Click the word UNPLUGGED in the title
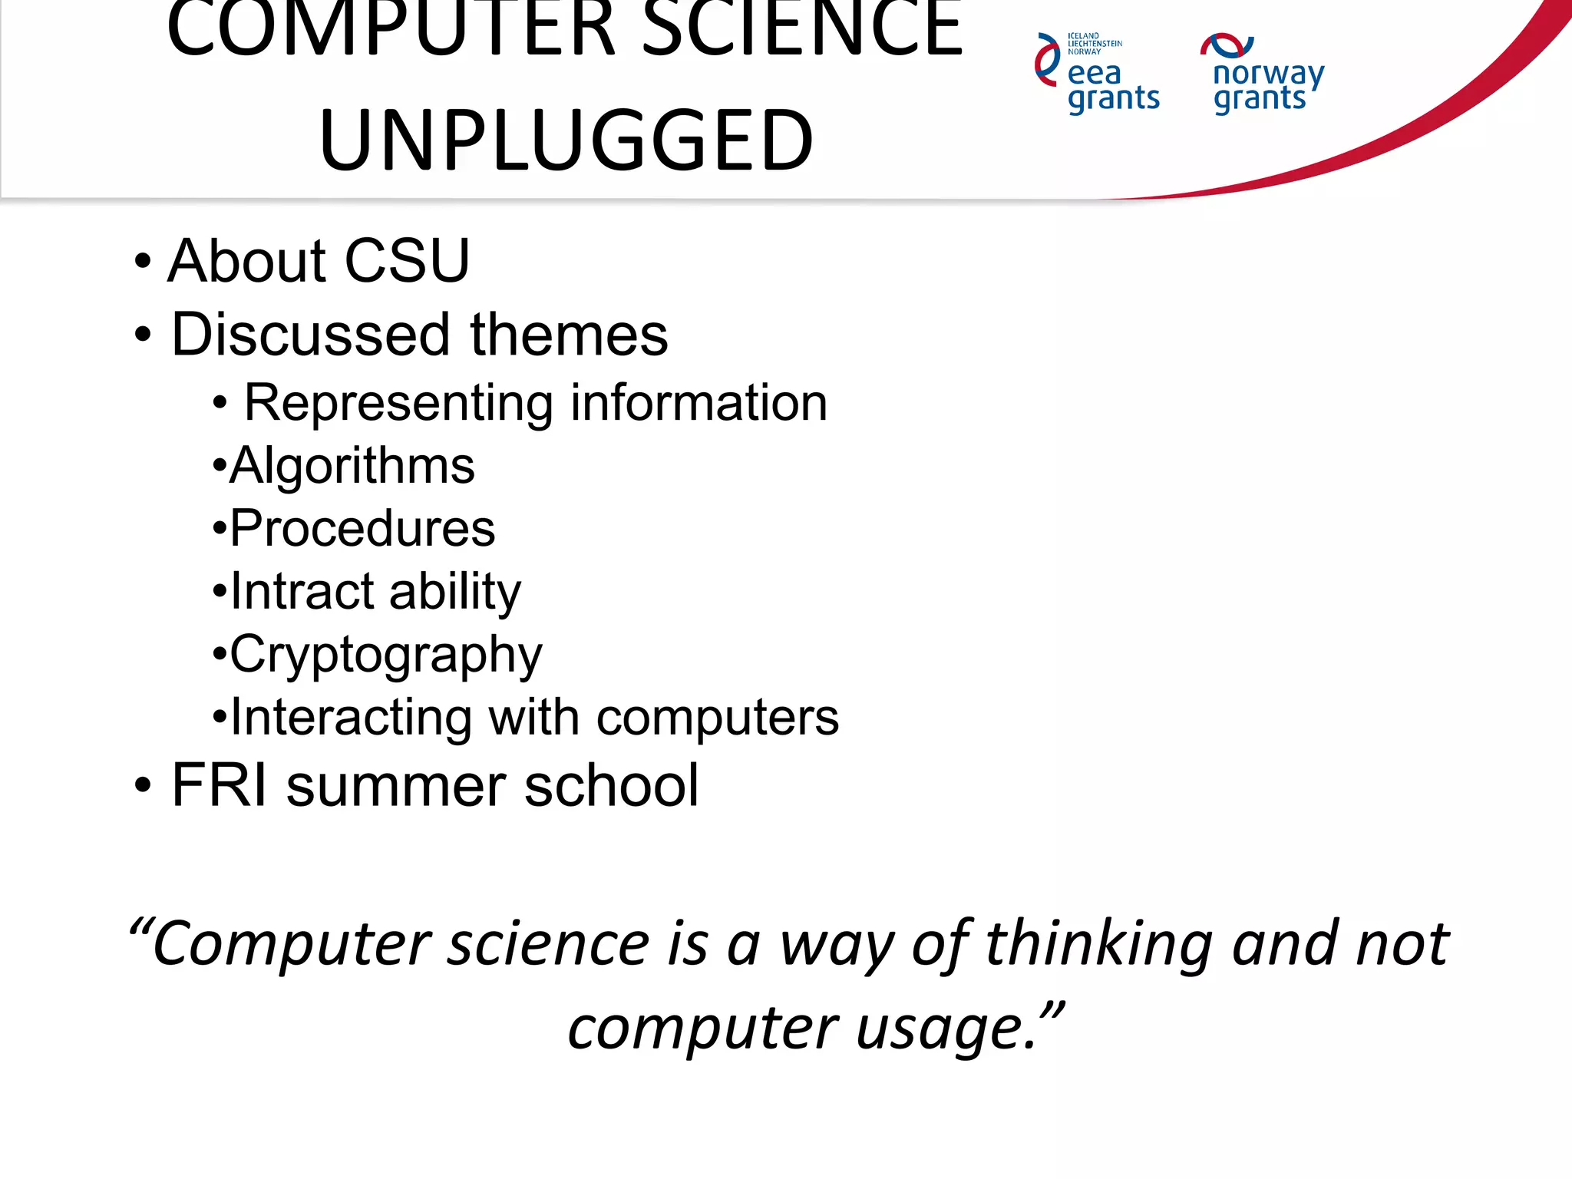pyautogui.click(x=566, y=140)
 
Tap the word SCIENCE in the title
pyautogui.click(x=801, y=31)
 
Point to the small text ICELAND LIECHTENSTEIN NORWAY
pyautogui.click(x=1095, y=44)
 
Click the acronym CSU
pyautogui.click(x=407, y=261)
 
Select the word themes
pyautogui.click(x=569, y=335)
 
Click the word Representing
pyautogui.click(x=398, y=404)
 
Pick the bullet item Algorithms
pyautogui.click(x=352, y=467)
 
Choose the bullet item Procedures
pyautogui.click(x=362, y=529)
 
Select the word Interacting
pyautogui.click(x=351, y=718)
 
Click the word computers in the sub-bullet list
pyautogui.click(x=717, y=718)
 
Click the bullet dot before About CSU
pyautogui.click(x=143, y=261)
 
